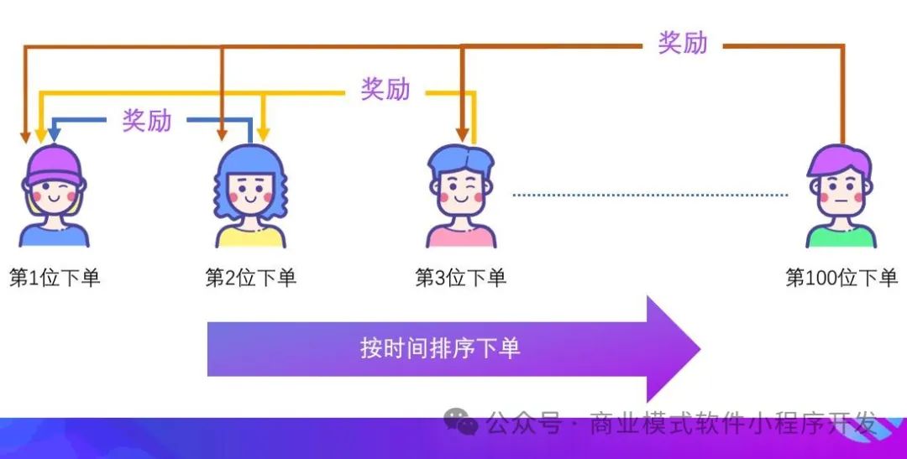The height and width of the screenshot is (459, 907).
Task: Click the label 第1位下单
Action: pos(55,278)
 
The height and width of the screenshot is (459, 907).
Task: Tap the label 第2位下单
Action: pos(251,278)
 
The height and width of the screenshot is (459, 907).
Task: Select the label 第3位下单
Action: pos(461,278)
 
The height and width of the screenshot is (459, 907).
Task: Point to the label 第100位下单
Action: pos(841,278)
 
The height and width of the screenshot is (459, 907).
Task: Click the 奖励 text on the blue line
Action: pos(147,120)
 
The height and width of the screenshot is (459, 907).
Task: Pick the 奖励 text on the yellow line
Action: pos(385,88)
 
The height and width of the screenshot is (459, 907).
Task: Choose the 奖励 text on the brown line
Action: pos(683,43)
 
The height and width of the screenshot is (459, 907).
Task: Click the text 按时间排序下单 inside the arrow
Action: pos(440,347)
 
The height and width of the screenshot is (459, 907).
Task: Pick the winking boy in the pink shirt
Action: pos(461,197)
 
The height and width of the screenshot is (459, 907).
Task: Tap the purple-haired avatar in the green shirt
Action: pos(841,197)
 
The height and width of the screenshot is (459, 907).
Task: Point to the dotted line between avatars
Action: pos(650,196)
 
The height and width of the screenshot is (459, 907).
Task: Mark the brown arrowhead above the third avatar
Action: pos(461,134)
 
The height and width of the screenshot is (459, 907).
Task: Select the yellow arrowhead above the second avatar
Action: pos(263,134)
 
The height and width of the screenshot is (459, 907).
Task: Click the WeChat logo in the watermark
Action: pos(461,421)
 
